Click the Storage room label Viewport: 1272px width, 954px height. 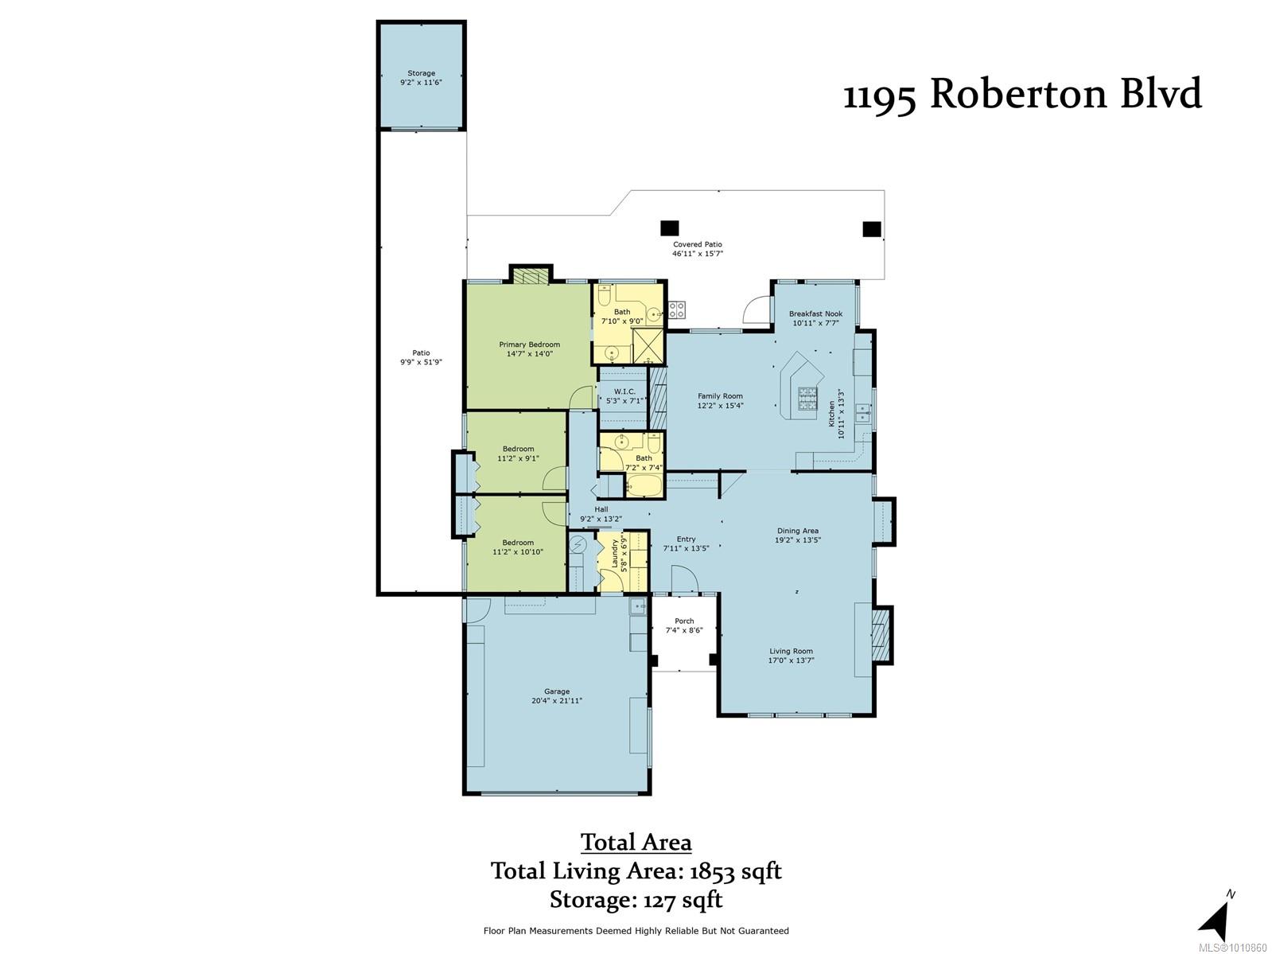[421, 73]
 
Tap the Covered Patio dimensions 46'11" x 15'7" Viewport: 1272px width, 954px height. [697, 253]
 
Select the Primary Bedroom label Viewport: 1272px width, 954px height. [529, 345]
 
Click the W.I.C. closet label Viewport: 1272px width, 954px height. [624, 391]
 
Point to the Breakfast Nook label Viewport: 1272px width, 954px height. [815, 313]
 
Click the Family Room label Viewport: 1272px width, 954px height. [720, 396]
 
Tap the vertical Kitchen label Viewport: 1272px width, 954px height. [832, 414]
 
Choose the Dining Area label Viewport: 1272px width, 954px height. [797, 531]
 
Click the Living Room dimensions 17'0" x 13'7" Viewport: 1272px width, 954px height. [791, 660]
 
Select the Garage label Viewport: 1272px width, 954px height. [556, 691]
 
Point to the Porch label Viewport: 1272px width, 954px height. [684, 621]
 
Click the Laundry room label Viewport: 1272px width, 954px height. [615, 553]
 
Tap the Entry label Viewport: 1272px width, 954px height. [686, 539]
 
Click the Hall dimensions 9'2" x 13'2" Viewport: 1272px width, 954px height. [601, 519]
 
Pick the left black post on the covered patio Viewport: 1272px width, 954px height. [669, 228]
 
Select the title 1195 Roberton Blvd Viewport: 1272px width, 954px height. [1022, 94]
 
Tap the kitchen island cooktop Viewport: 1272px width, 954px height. [806, 399]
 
